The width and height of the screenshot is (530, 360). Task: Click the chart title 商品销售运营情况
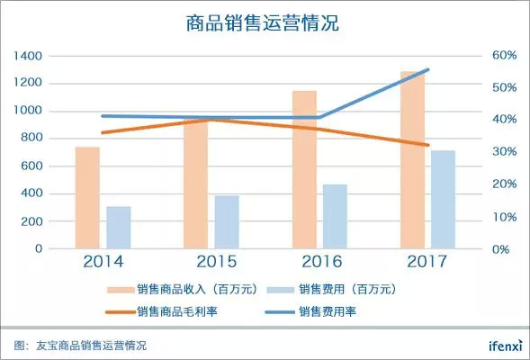(x=262, y=23)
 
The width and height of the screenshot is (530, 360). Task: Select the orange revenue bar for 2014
(x=87, y=198)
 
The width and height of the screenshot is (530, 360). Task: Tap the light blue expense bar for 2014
(x=119, y=228)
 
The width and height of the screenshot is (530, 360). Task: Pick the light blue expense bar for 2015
(x=227, y=222)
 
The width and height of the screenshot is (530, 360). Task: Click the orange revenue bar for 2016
(x=304, y=170)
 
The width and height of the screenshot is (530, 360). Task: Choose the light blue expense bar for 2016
(x=335, y=217)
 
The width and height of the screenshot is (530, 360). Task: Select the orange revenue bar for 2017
(x=413, y=160)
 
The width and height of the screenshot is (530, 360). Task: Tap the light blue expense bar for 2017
(x=443, y=200)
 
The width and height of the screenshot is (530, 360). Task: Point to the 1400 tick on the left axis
(x=28, y=56)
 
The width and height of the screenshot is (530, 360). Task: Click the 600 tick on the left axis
(x=31, y=166)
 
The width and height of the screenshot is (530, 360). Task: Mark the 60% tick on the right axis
(x=504, y=55)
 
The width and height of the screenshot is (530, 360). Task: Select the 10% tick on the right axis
(x=504, y=217)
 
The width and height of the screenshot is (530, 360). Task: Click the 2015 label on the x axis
(x=217, y=262)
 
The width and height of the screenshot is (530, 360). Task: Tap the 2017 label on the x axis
(x=427, y=262)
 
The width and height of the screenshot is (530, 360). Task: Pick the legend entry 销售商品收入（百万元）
(x=183, y=290)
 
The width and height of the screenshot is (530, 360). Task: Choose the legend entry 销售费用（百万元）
(x=332, y=290)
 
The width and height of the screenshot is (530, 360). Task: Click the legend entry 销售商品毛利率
(x=162, y=311)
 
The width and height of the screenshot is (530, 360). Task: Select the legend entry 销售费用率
(x=310, y=311)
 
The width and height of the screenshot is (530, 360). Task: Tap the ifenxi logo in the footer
(x=506, y=346)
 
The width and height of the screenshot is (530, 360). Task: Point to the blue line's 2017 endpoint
(x=428, y=70)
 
